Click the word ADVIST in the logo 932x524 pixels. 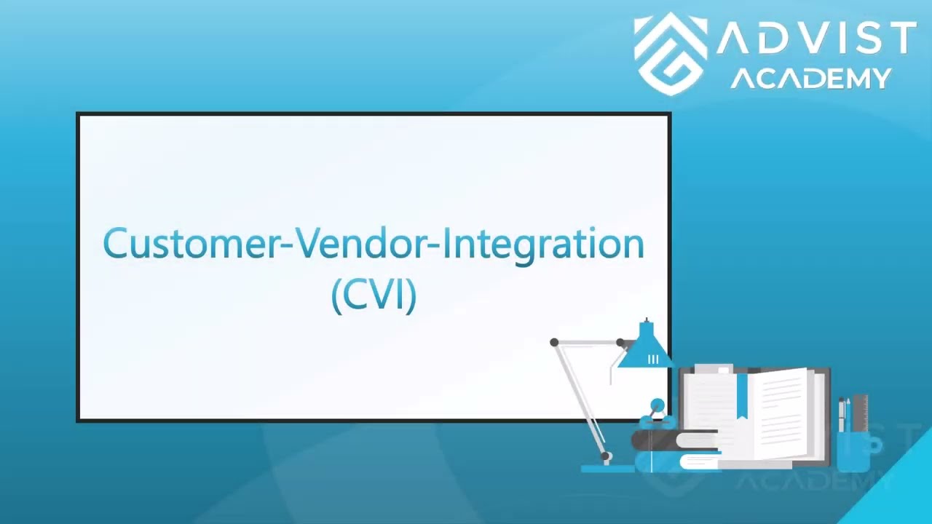(x=815, y=39)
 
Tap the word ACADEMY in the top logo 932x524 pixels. (x=810, y=78)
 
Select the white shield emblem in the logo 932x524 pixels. (x=669, y=55)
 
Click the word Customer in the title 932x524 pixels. (x=191, y=245)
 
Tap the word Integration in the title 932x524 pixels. (x=543, y=245)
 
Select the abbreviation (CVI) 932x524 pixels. (x=374, y=295)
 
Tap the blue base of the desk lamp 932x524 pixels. (x=608, y=468)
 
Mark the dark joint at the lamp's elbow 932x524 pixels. (x=554, y=342)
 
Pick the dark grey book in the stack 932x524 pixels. (x=674, y=440)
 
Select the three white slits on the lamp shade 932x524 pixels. (x=652, y=359)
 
